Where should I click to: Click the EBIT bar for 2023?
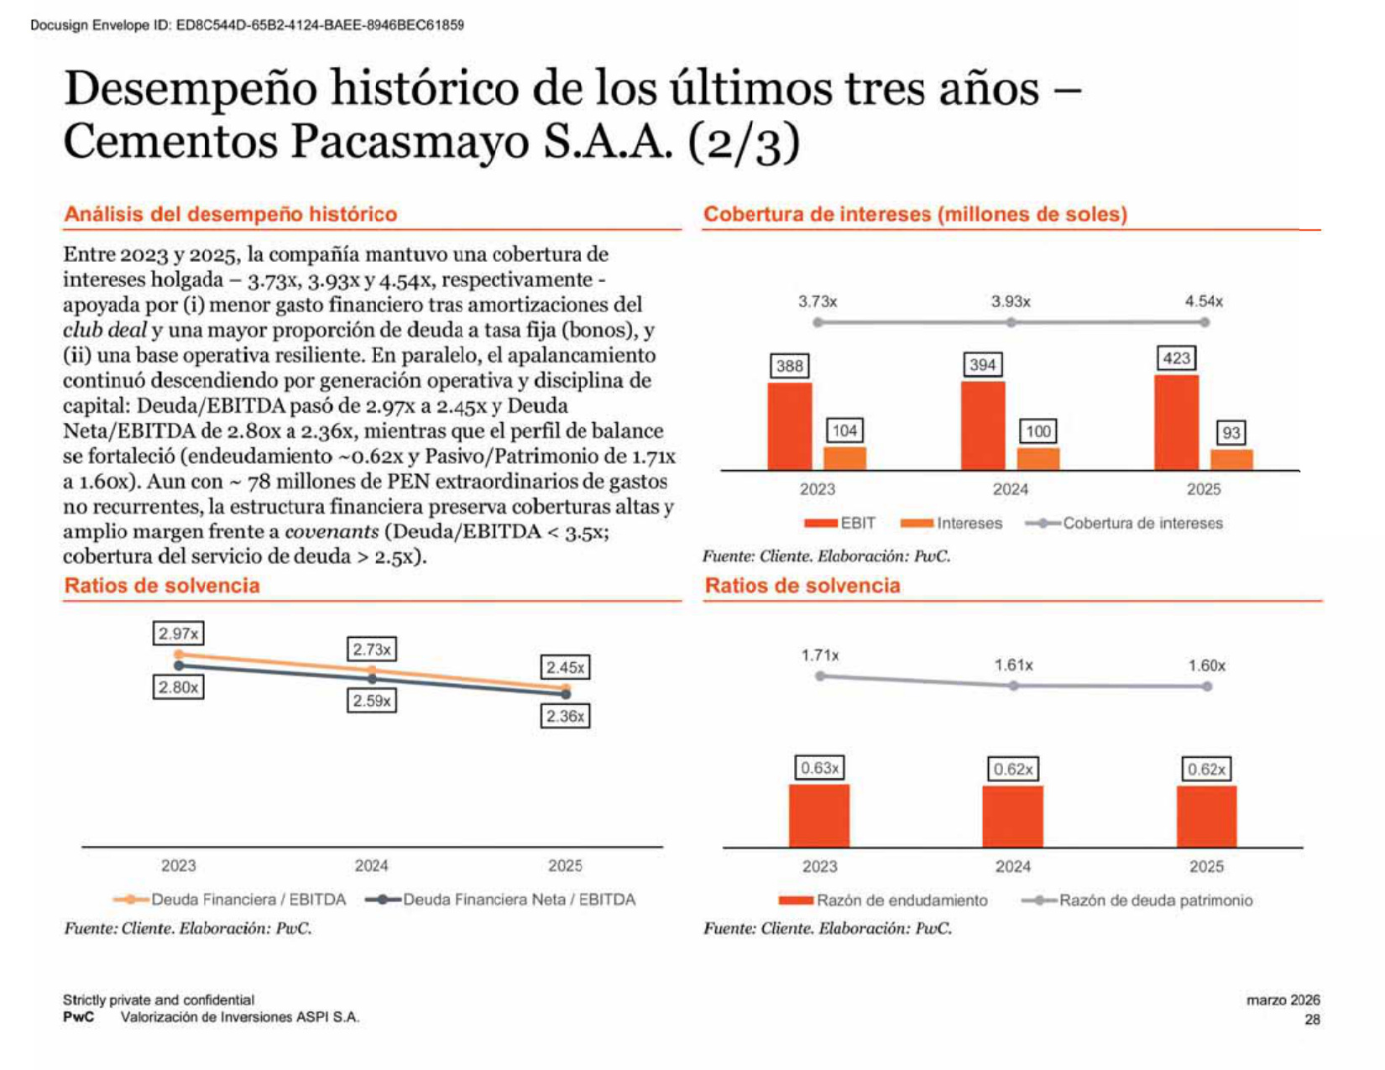pyautogui.click(x=789, y=425)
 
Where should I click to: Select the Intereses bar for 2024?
pyautogui.click(x=1037, y=459)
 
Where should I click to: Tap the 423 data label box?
pyautogui.click(x=1176, y=358)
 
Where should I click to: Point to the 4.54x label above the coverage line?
pyautogui.click(x=1204, y=300)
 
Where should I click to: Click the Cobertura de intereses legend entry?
pyautogui.click(x=1124, y=523)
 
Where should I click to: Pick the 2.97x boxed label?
pyautogui.click(x=179, y=634)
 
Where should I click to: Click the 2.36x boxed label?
pyautogui.click(x=565, y=716)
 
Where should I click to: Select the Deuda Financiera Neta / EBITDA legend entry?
pyautogui.click(x=500, y=899)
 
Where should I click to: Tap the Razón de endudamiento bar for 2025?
pyautogui.click(x=1206, y=817)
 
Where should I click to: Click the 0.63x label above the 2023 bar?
pyautogui.click(x=819, y=767)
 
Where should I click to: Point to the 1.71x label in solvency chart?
pyautogui.click(x=819, y=655)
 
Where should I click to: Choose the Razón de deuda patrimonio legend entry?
pyautogui.click(x=1137, y=900)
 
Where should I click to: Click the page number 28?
pyautogui.click(x=1312, y=1019)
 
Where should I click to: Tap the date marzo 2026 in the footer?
pyautogui.click(x=1283, y=1000)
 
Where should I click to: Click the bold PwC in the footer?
pyautogui.click(x=78, y=1016)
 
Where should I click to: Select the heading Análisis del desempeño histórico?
pyautogui.click(x=231, y=213)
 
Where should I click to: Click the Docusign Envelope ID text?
pyautogui.click(x=248, y=25)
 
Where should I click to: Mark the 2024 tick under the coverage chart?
pyautogui.click(x=1011, y=489)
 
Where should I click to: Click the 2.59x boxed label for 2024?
pyautogui.click(x=372, y=701)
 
